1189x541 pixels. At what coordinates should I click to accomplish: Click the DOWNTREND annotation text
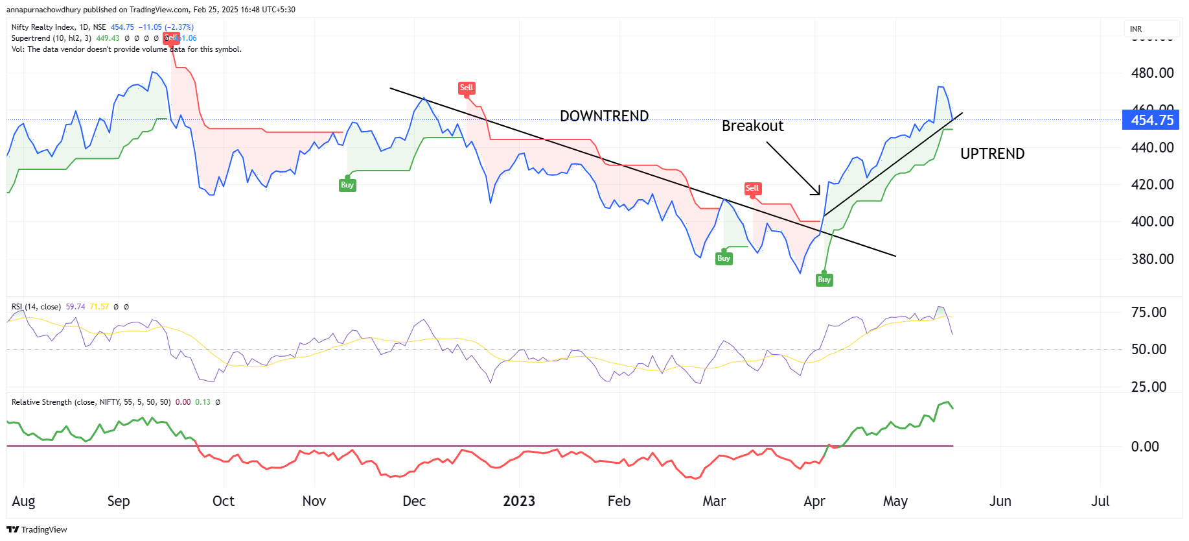pos(604,116)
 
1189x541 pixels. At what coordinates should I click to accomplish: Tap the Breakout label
pos(752,126)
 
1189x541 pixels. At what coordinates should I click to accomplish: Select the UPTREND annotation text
pos(992,154)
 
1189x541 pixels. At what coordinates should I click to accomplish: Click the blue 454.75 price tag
pos(1151,120)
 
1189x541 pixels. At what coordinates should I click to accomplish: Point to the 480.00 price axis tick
pos(1152,73)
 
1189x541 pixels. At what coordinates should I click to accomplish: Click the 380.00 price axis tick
pos(1152,259)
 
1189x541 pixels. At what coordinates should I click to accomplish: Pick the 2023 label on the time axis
pos(519,501)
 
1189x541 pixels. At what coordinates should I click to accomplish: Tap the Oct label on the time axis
pos(224,501)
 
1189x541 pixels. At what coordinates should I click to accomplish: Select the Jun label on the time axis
pos(1000,501)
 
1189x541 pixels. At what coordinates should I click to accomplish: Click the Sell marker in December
pos(467,88)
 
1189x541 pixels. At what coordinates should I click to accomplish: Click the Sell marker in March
pos(752,188)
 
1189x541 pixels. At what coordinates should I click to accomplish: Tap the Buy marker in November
pos(347,185)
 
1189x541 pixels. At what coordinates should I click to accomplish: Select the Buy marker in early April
pos(824,280)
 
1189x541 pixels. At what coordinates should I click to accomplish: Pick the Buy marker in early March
pos(724,258)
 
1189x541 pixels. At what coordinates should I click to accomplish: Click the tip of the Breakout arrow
pos(819,194)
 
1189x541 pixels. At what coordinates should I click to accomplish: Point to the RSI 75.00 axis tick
pos(1148,312)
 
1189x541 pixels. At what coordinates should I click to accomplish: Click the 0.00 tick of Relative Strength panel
pos(1144,446)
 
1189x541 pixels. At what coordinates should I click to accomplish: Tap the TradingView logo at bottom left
pos(37,529)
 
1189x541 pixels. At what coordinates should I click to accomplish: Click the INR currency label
pos(1136,29)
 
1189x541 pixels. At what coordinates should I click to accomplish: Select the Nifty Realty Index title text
pos(43,27)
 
